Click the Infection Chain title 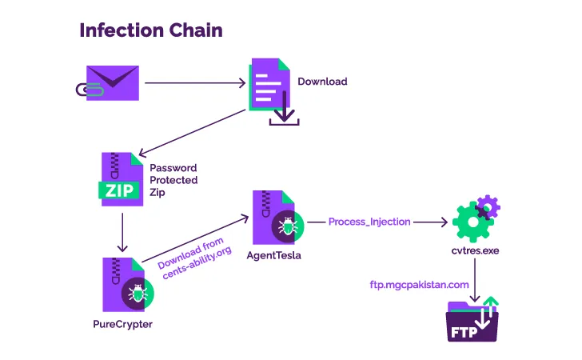tap(150, 30)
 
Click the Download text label tap(322, 82)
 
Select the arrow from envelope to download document tap(195, 82)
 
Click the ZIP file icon tap(121, 181)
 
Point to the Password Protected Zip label tap(173, 180)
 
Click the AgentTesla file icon tap(275, 218)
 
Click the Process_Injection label tap(369, 221)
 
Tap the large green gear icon tap(469, 222)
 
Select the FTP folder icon tap(472, 322)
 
